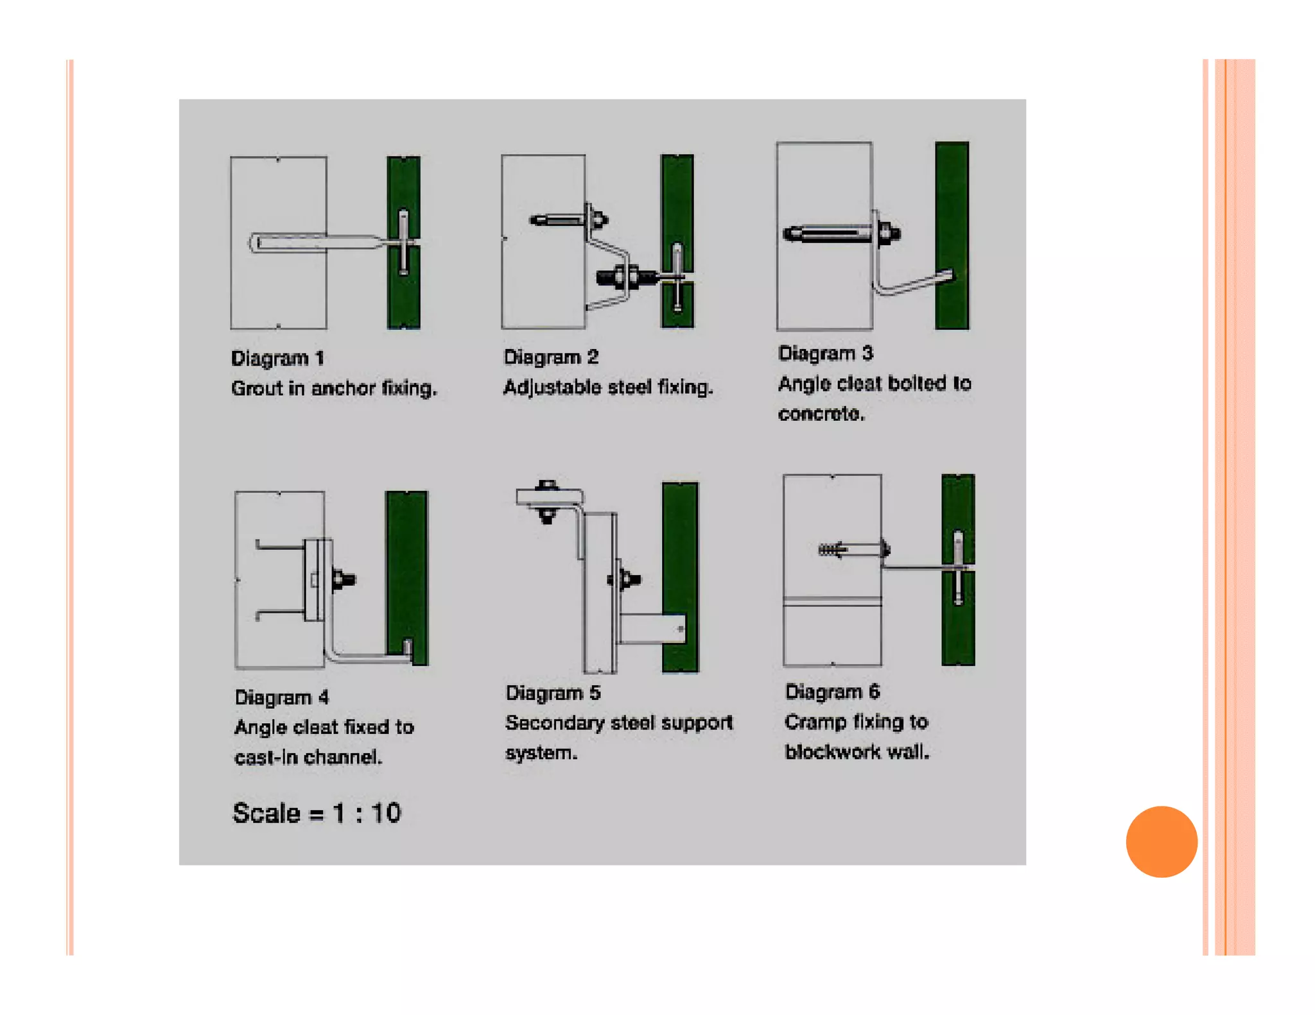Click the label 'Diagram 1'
[277, 358]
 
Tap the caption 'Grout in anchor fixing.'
[334, 388]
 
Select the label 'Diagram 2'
[551, 357]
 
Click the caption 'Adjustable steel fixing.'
[608, 388]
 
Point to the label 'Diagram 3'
[826, 354]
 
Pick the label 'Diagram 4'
[282, 697]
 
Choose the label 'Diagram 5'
[553, 693]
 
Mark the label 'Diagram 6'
[833, 692]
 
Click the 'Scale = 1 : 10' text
[317, 813]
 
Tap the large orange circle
[1162, 841]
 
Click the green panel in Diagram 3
[952, 235]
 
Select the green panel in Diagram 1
[404, 243]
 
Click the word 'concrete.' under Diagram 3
[822, 414]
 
